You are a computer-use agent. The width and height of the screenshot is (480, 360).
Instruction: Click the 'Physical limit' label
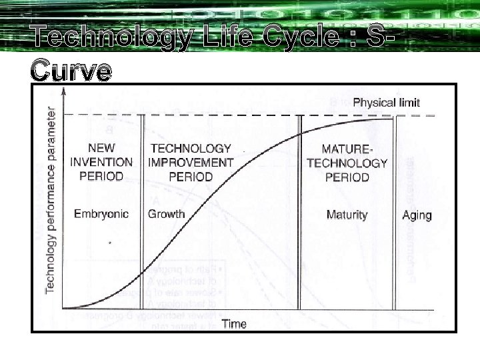[386, 103]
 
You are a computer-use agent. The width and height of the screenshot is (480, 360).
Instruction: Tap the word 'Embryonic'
[101, 214]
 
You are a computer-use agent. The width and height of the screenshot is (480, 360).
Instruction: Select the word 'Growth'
[167, 214]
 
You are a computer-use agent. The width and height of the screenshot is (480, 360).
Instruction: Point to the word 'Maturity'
[347, 215]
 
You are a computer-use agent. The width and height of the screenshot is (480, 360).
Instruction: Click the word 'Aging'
[417, 215]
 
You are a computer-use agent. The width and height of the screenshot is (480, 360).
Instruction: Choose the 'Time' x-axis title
[234, 324]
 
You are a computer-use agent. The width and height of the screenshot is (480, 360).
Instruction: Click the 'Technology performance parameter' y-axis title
[51, 194]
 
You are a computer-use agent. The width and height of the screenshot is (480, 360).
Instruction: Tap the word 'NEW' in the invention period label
[101, 148]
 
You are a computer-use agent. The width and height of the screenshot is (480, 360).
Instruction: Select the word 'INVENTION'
[101, 162]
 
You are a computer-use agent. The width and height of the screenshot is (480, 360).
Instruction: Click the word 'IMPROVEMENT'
[191, 162]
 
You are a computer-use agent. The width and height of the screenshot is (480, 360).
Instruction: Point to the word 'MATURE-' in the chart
[347, 148]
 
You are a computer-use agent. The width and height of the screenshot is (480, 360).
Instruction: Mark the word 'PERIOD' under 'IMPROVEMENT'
[191, 177]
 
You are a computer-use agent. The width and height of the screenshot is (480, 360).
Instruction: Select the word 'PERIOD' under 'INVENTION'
[101, 177]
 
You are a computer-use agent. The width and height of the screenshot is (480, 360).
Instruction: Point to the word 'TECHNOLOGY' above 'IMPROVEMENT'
[191, 148]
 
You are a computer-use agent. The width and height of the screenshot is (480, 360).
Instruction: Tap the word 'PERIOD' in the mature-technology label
[347, 177]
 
